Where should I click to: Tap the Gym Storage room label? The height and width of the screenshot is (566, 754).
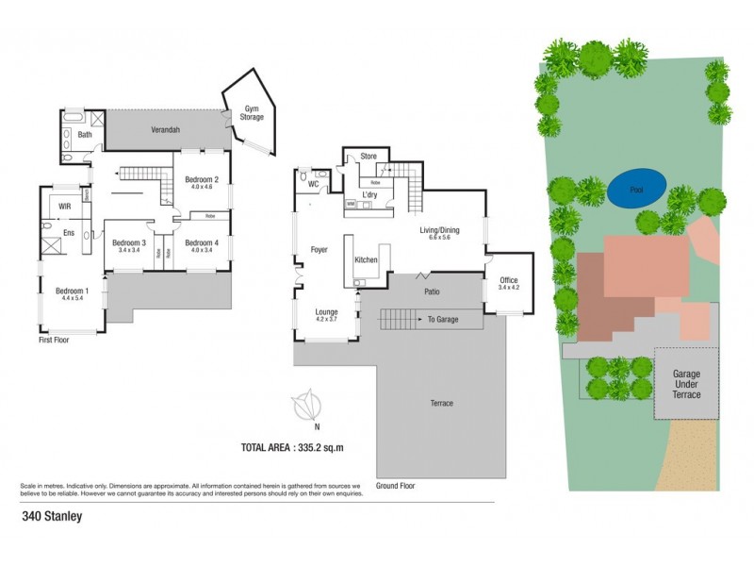click(x=251, y=111)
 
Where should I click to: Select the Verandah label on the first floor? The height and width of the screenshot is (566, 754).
click(x=166, y=129)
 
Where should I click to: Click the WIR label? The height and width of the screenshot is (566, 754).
click(x=65, y=205)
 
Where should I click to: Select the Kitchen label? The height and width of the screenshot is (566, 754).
click(x=366, y=259)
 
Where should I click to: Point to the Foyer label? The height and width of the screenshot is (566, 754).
click(x=319, y=249)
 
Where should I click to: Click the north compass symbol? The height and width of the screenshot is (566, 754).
click(x=304, y=407)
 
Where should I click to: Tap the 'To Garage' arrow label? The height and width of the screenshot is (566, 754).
click(x=442, y=320)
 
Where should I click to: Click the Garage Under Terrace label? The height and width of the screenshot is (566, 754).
click(x=686, y=384)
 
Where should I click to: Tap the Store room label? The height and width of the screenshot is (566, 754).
click(x=369, y=156)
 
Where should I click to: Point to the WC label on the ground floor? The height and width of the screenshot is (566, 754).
click(x=313, y=185)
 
